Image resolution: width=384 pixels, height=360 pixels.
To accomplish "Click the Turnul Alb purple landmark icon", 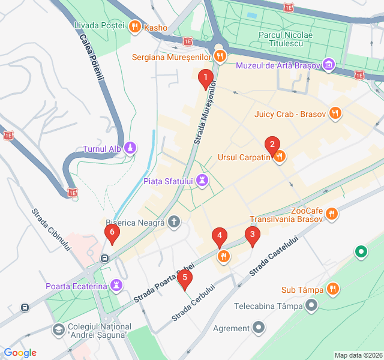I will click(x=131, y=148).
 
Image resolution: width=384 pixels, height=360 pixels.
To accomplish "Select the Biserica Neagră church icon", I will click(x=174, y=223).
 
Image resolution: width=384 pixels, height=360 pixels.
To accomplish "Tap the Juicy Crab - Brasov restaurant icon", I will click(x=335, y=113).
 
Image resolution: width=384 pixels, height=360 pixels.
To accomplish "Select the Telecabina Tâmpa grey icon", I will click(x=311, y=306).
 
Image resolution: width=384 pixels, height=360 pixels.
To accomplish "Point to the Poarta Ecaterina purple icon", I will click(x=116, y=286).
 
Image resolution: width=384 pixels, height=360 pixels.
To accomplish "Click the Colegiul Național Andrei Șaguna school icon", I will click(x=58, y=329).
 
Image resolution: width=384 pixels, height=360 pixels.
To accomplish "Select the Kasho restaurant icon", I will click(x=134, y=26).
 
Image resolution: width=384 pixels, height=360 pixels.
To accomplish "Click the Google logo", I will click(x=20, y=353).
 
